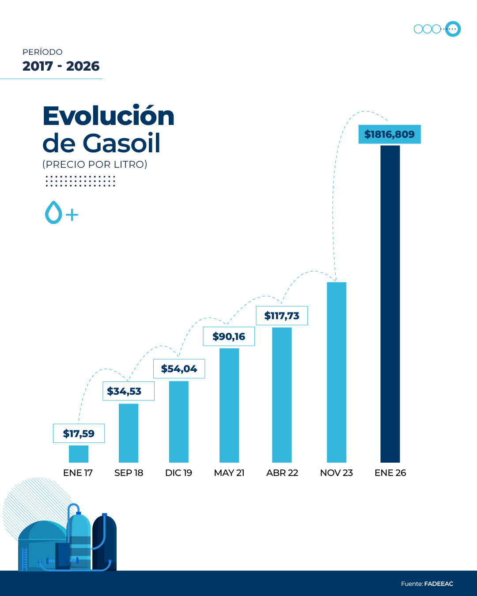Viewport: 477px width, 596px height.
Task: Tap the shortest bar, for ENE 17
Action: (x=79, y=454)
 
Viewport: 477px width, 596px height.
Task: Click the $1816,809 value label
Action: (x=389, y=134)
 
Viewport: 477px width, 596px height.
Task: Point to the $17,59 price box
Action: (x=79, y=434)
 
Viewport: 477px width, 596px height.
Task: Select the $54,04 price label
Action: (x=179, y=369)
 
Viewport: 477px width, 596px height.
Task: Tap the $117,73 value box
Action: (x=282, y=316)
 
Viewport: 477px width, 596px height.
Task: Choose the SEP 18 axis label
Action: (x=129, y=473)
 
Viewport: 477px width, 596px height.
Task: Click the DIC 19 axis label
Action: (x=178, y=473)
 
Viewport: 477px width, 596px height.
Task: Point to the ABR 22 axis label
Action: (x=282, y=473)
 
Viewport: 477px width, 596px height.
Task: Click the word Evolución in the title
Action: (x=109, y=116)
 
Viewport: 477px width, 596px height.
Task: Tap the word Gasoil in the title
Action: (x=121, y=143)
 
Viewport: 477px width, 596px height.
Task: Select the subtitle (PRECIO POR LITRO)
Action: (x=95, y=164)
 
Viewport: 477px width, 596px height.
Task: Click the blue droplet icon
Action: (x=53, y=213)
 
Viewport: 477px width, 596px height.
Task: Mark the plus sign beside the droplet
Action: (x=72, y=215)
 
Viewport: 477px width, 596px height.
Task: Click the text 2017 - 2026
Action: (x=61, y=66)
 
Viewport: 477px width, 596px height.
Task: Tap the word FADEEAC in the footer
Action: (x=439, y=584)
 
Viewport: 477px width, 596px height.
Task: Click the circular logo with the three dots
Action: (x=453, y=29)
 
